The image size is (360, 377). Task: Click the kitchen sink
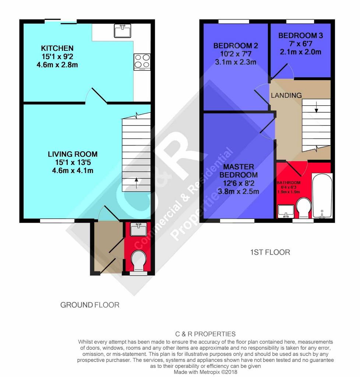coord(123,31)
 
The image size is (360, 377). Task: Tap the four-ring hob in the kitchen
coord(142,62)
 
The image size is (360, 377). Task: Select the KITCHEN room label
coord(57,48)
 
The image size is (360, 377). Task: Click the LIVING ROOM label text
coord(73,154)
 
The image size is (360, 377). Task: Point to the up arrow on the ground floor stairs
coord(137,183)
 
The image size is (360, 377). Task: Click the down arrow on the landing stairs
coord(317,107)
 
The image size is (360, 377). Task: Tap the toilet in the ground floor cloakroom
coord(139,261)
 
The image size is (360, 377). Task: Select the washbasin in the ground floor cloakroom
coord(138,229)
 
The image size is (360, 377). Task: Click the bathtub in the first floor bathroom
coord(322,196)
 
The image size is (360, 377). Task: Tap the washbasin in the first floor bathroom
coord(286,211)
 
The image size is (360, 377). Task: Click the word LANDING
coord(286,95)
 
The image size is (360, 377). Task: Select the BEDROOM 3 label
coord(300,36)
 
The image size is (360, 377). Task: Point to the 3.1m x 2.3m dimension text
coord(236,62)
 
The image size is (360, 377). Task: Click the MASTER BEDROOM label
coord(239,171)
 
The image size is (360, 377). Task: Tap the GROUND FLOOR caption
coord(90,305)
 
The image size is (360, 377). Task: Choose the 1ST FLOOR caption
coord(270,252)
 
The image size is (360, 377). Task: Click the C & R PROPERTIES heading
coord(205,334)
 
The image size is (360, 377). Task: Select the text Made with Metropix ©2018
coord(205,372)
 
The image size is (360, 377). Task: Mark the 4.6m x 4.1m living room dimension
coord(73,171)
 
